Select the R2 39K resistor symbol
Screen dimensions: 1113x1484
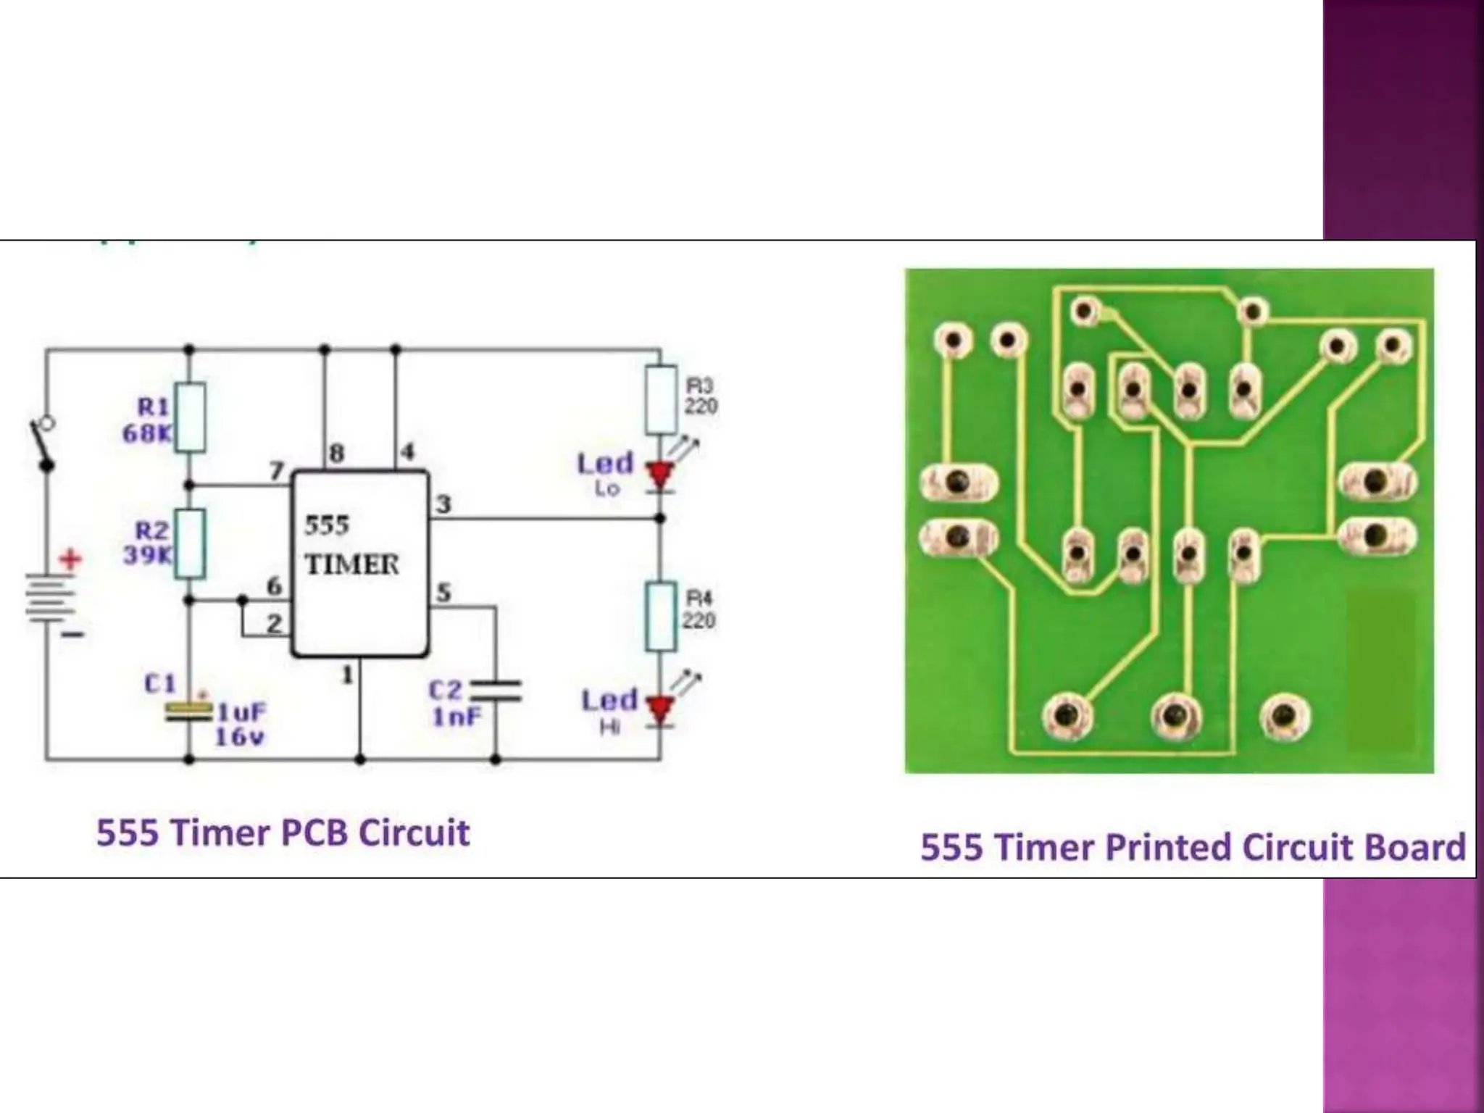point(191,543)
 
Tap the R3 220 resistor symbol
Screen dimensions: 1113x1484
point(661,400)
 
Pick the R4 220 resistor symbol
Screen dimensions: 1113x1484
point(661,616)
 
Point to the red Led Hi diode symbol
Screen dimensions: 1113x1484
point(660,709)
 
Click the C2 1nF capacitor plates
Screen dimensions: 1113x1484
point(496,691)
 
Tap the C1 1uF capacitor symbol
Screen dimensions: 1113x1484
point(188,710)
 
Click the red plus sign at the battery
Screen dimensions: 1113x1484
point(70,559)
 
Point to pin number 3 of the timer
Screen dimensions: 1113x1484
point(443,504)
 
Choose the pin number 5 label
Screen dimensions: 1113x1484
point(443,593)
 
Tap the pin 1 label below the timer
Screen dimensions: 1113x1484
point(348,675)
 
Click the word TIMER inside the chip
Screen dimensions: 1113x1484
point(351,564)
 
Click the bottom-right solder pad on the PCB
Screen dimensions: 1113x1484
point(1284,717)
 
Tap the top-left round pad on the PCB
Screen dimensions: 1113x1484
point(953,339)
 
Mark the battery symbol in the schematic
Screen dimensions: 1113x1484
point(49,598)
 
